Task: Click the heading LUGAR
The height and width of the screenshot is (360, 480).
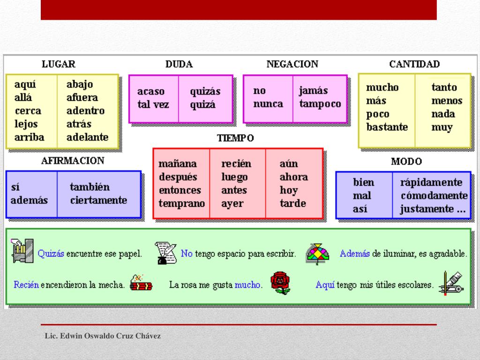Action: [58, 64]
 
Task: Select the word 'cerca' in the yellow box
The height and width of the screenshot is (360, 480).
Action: [28, 111]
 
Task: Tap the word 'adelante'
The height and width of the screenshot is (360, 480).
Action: [87, 137]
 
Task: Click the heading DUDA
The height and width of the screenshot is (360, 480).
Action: [179, 64]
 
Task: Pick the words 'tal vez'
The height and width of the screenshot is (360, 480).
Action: [153, 105]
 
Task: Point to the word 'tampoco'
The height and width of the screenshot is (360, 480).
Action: [320, 104]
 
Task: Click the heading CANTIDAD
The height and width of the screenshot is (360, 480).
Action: [414, 64]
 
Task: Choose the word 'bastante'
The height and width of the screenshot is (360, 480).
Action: [387, 127]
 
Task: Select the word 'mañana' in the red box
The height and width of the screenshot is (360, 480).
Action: [178, 164]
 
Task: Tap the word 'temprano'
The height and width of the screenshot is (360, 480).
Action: [181, 203]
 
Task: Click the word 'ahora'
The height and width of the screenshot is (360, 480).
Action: [293, 177]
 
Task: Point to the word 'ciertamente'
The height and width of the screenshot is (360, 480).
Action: [98, 201]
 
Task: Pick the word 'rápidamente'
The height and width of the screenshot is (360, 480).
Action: [431, 182]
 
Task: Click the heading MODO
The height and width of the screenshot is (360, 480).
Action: [406, 162]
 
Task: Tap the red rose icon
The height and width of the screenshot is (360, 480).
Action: [280, 283]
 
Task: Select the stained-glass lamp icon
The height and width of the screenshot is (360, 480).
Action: [317, 254]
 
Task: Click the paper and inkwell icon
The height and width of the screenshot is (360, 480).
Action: [165, 253]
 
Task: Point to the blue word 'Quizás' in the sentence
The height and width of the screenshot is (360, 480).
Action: [51, 254]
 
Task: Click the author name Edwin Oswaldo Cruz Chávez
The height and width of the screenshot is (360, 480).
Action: [103, 336]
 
